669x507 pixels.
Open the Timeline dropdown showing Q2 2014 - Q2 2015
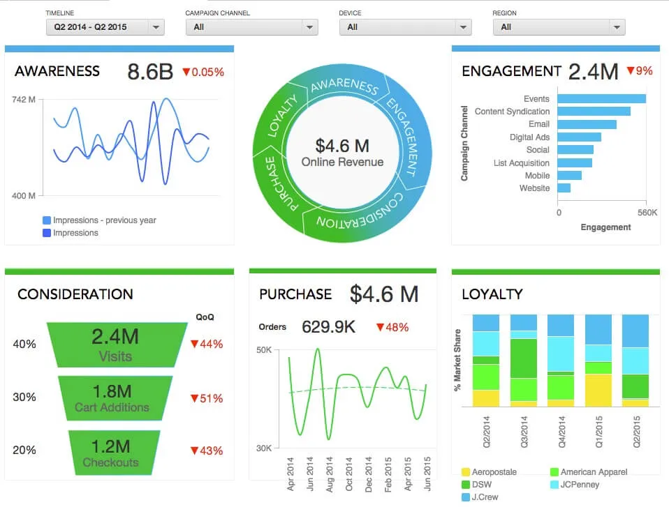[104, 27]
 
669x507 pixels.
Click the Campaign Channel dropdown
[251, 27]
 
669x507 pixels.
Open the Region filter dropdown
[559, 27]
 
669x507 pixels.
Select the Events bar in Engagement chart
[601, 99]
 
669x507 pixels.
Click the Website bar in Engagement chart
[564, 188]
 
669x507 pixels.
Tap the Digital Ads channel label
[529, 137]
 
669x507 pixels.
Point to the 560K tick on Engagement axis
[647, 212]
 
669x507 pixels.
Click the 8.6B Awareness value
[149, 72]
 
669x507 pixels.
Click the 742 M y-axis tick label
[24, 100]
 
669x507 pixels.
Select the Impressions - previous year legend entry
[104, 220]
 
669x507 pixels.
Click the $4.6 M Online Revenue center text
[342, 152]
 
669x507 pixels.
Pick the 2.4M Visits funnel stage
[115, 345]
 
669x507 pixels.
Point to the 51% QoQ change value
[207, 399]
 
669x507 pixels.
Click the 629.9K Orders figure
[328, 326]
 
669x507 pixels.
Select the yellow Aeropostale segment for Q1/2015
[598, 390]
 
